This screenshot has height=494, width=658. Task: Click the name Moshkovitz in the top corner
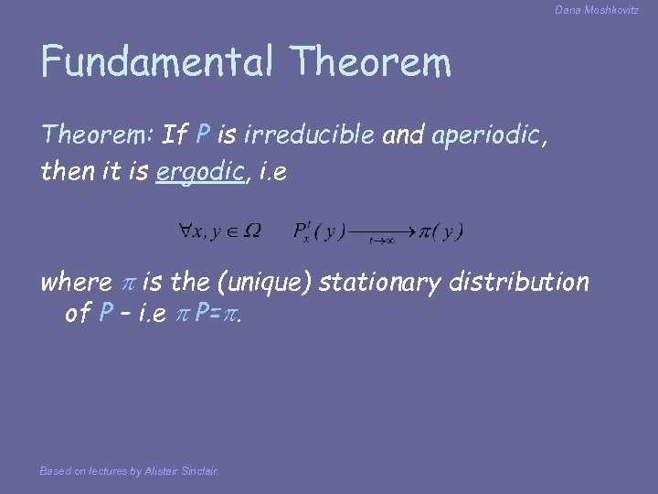614,10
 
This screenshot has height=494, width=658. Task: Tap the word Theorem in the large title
371,62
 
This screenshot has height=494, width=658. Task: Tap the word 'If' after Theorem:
175,135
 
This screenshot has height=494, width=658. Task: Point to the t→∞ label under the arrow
381,242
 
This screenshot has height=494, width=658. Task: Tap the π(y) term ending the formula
441,231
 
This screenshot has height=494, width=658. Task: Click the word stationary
384,282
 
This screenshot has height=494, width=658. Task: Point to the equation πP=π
217,313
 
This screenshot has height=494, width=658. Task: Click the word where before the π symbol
75,282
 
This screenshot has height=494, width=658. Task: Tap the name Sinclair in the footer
199,471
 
